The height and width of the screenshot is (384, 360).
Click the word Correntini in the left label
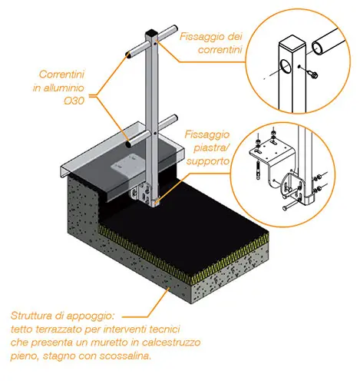point(61,74)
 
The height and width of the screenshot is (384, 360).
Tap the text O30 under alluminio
point(74,101)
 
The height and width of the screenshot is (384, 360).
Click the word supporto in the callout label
point(207,161)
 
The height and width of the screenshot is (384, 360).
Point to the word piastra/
point(210,147)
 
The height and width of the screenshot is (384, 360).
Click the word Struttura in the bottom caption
point(31,316)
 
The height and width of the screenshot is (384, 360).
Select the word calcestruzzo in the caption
point(171,343)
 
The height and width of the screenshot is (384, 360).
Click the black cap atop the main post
point(151,34)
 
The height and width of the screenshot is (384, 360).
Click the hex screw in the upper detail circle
point(314,74)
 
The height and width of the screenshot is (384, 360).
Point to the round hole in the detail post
point(286,66)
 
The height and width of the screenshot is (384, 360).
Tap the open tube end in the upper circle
point(318,48)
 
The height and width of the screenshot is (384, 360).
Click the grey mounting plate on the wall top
point(125,167)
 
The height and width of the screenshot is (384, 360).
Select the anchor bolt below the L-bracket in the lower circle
point(258,171)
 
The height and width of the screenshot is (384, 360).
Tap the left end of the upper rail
point(127,54)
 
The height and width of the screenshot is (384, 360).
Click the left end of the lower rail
point(128,144)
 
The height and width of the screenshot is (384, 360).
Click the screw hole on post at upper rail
point(155,44)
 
